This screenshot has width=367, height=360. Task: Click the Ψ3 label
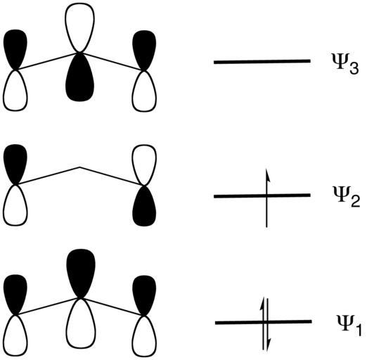point(345,63)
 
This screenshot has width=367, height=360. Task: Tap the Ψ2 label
point(346,196)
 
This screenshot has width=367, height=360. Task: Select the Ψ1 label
point(349,326)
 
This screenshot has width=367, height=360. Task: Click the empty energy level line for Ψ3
point(262,62)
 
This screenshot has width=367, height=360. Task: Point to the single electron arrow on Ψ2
point(266,198)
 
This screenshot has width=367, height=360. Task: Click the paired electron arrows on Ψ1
point(265,324)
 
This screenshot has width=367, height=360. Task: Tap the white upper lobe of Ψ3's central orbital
point(79,27)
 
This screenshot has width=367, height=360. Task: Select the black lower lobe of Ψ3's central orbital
point(80,77)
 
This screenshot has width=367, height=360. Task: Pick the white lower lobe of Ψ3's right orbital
point(144,91)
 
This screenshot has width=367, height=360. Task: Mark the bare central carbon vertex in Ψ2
point(79,167)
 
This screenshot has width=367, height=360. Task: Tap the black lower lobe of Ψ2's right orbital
point(144,206)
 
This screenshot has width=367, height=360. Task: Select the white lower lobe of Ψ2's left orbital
point(15,205)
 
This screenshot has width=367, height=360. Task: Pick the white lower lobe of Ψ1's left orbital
point(15,336)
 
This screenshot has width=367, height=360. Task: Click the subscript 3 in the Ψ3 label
point(354,67)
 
